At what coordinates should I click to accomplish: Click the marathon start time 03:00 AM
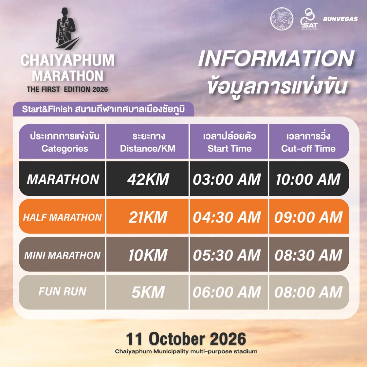coord(227,180)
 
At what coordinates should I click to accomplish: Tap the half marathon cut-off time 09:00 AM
coord(308,217)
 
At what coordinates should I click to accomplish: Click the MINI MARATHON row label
coord(62,255)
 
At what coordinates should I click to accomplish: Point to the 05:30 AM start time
coord(227,255)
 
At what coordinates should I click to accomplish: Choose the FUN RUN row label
coord(62,291)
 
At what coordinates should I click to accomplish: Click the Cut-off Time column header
coord(308,149)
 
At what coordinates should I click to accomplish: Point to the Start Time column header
coord(229,149)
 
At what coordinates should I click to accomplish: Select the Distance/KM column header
coord(148,149)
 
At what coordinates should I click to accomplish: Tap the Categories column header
coord(65,149)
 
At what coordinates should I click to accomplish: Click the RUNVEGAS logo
coord(340,19)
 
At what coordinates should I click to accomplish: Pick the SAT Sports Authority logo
coord(309,19)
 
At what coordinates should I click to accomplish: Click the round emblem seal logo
coord(282,19)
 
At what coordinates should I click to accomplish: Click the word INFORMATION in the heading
coord(276,58)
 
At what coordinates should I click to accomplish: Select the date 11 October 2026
coord(186,339)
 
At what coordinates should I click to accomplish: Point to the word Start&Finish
coord(47,109)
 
